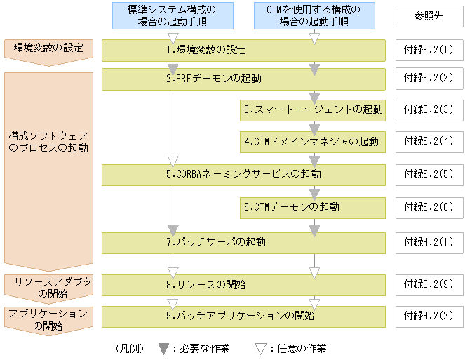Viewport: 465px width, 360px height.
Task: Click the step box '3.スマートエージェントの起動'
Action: click(x=313, y=110)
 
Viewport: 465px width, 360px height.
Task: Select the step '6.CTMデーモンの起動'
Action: click(x=313, y=208)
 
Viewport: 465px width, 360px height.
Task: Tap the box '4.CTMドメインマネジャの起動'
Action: click(x=313, y=142)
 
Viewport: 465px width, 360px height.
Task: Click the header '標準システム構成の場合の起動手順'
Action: click(x=173, y=15)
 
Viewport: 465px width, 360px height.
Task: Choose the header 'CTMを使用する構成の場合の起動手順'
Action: click(x=314, y=15)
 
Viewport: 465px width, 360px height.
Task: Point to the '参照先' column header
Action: click(x=429, y=16)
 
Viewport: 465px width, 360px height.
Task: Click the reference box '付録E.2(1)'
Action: click(x=429, y=50)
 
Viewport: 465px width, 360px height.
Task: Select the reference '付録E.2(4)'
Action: click(x=429, y=142)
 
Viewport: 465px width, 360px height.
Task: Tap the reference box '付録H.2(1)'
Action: click(x=429, y=243)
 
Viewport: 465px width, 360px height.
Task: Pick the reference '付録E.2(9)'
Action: click(x=429, y=285)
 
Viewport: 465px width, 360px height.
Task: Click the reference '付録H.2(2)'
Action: click(x=429, y=316)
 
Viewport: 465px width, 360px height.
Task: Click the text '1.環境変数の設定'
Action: click(x=206, y=50)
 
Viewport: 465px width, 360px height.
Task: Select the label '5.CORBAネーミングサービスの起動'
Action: click(x=243, y=174)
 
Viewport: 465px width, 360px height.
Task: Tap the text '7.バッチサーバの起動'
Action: click(x=216, y=242)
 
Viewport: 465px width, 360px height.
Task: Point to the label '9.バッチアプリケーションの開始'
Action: click(x=240, y=316)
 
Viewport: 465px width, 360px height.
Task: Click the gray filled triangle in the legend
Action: click(x=163, y=349)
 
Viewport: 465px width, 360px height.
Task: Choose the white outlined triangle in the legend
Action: click(x=261, y=349)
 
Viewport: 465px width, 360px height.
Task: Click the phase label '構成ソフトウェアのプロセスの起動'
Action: click(x=48, y=142)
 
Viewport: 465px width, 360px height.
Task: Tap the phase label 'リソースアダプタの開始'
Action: click(x=53, y=288)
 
